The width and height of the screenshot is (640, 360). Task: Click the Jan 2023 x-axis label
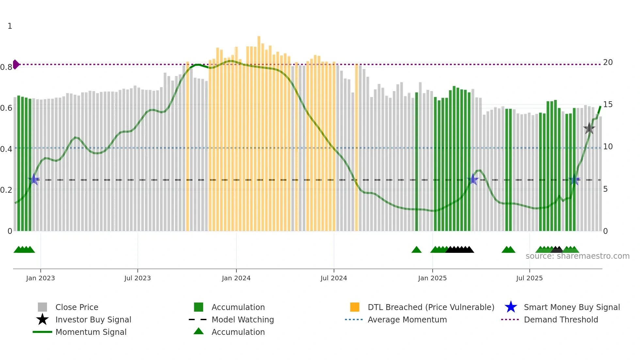pos(40,278)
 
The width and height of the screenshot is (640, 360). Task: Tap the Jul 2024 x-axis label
pos(334,278)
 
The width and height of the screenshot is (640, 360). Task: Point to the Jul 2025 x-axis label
pos(529,278)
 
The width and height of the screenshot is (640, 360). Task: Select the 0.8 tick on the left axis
pos(6,67)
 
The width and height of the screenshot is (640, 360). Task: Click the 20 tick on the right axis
pos(608,62)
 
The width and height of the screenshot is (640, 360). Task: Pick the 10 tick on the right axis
pos(608,147)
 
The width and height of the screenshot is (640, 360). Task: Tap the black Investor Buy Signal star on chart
pos(589,128)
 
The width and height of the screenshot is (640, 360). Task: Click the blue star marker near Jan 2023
pos(34,180)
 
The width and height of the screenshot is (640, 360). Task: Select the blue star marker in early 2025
pos(472,180)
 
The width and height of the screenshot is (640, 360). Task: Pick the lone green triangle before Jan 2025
pos(416,250)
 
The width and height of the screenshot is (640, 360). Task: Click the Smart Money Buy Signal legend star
pos(511,307)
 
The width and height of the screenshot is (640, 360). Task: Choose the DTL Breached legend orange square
pos(355,307)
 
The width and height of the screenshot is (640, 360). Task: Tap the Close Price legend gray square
pos(42,307)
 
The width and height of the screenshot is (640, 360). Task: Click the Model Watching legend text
pos(243,319)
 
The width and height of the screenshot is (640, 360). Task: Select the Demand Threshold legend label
pos(561,319)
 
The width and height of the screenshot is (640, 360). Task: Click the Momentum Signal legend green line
pos(42,332)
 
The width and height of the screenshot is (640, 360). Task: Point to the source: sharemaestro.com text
pos(577,256)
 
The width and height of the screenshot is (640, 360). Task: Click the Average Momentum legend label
pos(407,319)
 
